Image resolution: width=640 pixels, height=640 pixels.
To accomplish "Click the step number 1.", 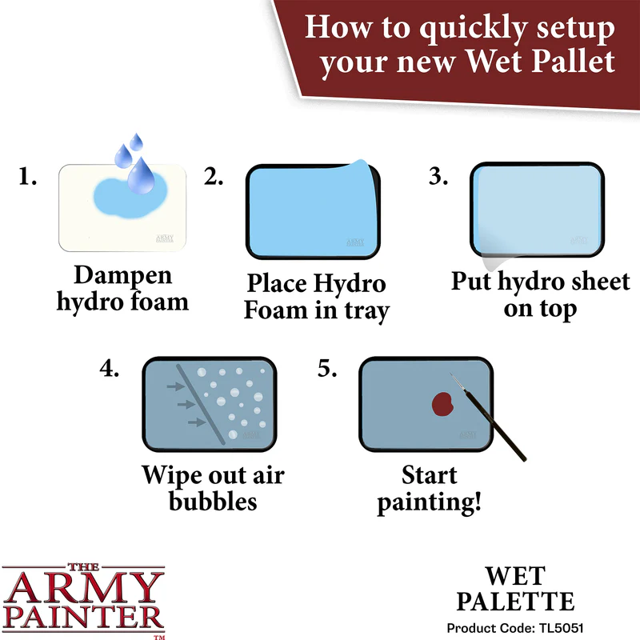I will coord(28,178).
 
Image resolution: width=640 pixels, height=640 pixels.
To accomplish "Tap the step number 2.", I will coord(213,178).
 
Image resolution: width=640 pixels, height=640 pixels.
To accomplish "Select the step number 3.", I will coord(438,178).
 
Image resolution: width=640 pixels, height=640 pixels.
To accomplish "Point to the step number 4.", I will coord(110,369).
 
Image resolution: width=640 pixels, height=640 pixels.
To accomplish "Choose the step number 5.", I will coord(326,369).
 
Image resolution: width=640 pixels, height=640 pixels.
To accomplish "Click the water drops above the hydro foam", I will coord(134,161).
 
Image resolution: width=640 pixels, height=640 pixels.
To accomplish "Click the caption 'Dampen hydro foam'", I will coord(122,288).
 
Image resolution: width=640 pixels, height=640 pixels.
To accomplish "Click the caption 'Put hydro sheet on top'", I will coord(540,294).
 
